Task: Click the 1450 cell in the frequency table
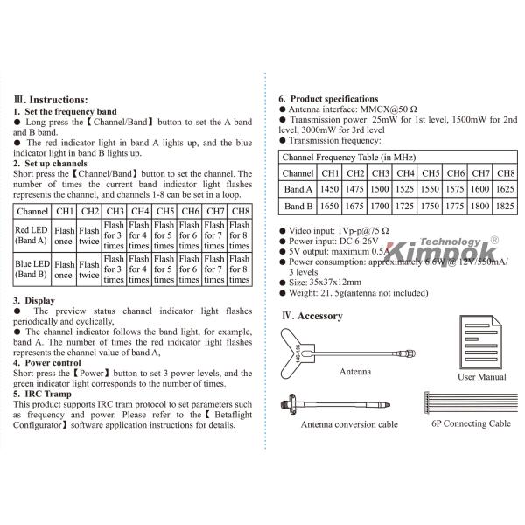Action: coord(329,189)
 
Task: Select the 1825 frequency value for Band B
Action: coord(505,206)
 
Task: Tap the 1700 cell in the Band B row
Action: coord(380,206)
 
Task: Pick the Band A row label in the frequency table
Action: coord(298,189)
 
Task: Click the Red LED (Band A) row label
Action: coord(31,234)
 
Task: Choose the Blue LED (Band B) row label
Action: coord(31,269)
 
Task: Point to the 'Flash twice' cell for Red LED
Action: coord(89,234)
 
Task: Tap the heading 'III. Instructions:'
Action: coord(51,101)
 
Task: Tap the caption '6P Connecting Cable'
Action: coord(471,423)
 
